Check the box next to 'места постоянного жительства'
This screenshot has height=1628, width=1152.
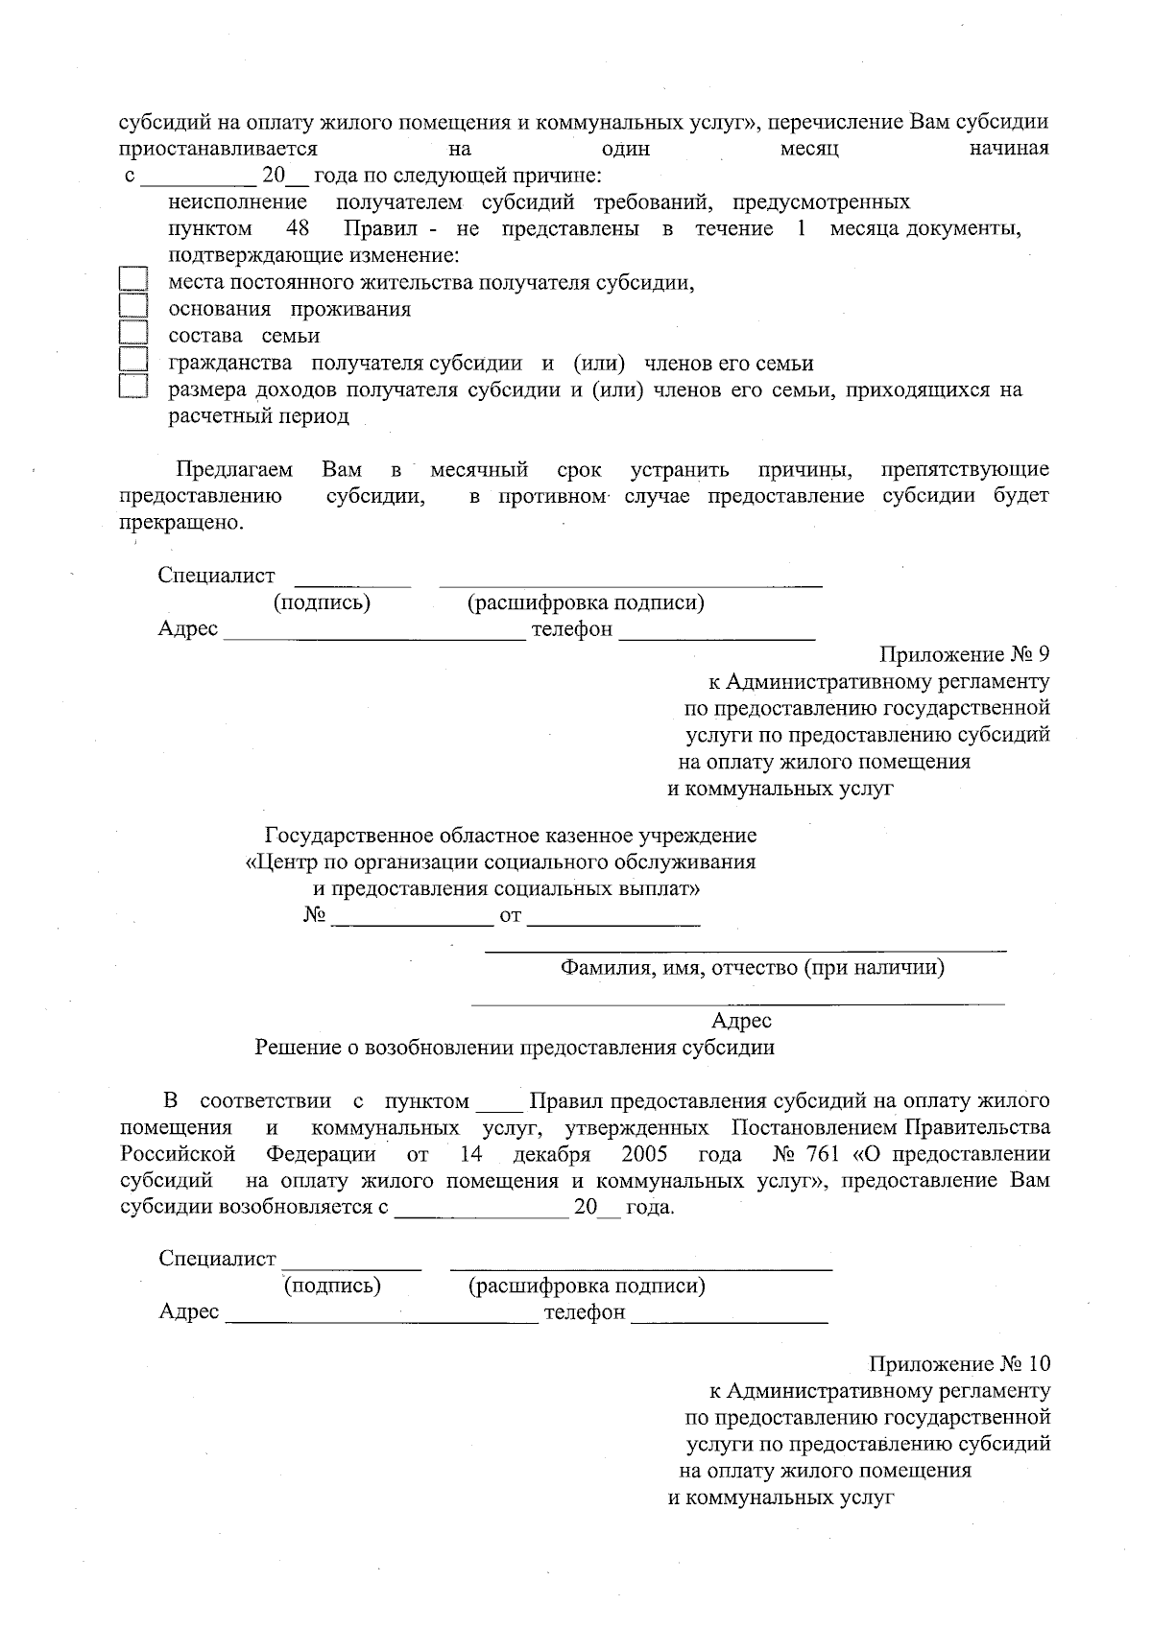[133, 279]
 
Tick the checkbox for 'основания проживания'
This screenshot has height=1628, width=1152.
[133, 306]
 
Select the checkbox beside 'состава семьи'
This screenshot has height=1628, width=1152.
[133, 333]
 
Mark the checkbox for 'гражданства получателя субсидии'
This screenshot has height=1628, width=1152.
[133, 360]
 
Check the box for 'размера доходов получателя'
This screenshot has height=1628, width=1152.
[133, 387]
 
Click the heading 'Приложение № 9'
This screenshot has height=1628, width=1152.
[964, 655]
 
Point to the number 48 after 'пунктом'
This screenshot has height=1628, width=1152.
[298, 229]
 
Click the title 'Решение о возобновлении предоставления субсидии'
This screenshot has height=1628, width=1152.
[515, 1048]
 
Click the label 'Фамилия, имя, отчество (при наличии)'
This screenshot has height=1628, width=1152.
[752, 968]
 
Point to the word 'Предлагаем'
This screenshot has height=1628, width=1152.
[234, 470]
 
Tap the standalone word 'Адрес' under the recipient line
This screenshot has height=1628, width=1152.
[741, 1022]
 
